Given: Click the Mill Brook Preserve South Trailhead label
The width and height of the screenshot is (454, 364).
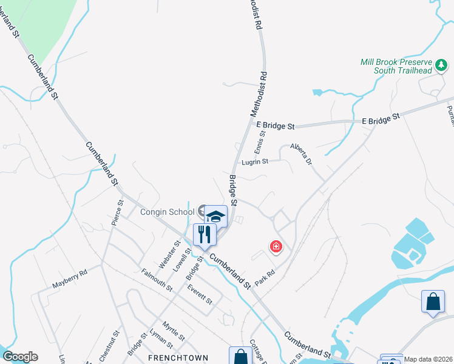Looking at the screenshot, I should coord(395,67).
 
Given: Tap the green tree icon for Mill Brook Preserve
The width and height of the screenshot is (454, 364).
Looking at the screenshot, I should coord(443,64).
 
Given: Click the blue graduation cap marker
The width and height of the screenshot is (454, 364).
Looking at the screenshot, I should coord(216,216).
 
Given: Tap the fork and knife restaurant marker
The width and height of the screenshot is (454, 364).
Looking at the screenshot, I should coord(205,234).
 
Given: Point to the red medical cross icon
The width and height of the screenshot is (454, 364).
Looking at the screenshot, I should coord(276,246).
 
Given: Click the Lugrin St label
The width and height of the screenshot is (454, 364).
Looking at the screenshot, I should coord(255,161).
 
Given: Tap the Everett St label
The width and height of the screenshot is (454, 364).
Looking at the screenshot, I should coord(200,294).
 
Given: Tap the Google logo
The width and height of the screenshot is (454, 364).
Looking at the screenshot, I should coord(20,357).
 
